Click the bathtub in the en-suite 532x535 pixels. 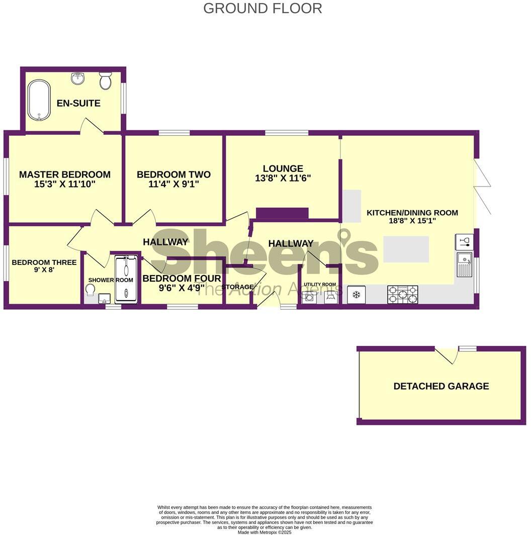pos(39,101)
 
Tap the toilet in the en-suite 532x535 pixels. pos(105,80)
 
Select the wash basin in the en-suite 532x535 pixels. pos(78,78)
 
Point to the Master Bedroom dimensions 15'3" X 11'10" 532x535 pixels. pos(64,185)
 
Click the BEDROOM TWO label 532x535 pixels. pos(173,174)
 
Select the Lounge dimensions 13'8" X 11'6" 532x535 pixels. pos(283,178)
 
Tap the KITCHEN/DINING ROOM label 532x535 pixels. pos(412,213)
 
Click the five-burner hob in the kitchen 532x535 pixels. pos(402,295)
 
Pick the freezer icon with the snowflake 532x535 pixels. pos(356,295)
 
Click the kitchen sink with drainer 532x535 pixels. pos(465,265)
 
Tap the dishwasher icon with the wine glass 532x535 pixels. pos(464,241)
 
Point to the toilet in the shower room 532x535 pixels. pos(91,291)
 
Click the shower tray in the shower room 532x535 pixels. pos(126,279)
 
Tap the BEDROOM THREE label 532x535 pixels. pos(44,262)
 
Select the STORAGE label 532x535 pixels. pos(238,287)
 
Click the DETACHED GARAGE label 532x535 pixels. pos(441,386)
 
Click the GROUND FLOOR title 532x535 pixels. pos(262,8)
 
